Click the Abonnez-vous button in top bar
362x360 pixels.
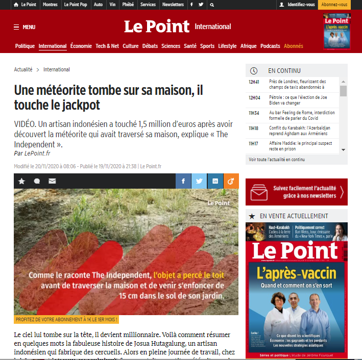[x=334, y=5]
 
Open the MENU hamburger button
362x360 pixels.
[x=25, y=27]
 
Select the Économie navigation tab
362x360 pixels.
[x=81, y=46]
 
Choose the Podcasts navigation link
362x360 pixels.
[x=270, y=46]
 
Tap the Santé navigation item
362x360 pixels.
[x=190, y=46]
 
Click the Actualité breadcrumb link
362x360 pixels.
[x=23, y=69]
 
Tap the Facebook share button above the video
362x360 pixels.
[x=183, y=181]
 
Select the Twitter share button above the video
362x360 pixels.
[x=199, y=181]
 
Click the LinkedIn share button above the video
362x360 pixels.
[x=215, y=181]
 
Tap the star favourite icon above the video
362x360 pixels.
[x=21, y=181]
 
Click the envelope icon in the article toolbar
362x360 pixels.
[x=52, y=181]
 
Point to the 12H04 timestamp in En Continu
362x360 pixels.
[x=254, y=97]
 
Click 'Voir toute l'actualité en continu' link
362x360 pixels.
[x=276, y=160]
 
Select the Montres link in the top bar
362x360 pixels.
[x=50, y=5]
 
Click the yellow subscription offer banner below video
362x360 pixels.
[x=67, y=320]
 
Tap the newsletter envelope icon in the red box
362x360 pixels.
[x=259, y=192]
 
